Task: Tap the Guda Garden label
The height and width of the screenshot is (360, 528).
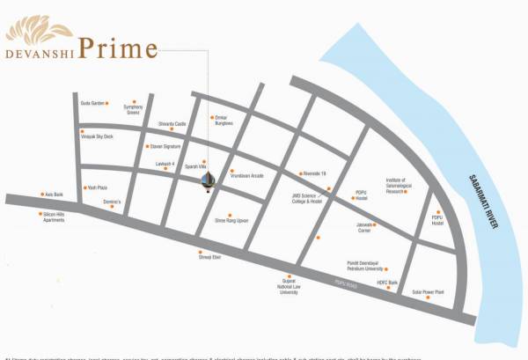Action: click(92, 102)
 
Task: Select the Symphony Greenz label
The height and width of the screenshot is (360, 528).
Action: click(133, 111)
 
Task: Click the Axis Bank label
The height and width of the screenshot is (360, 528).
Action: click(55, 195)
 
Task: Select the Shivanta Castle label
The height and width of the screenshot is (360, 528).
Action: click(172, 124)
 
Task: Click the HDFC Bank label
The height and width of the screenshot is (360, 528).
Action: click(388, 282)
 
